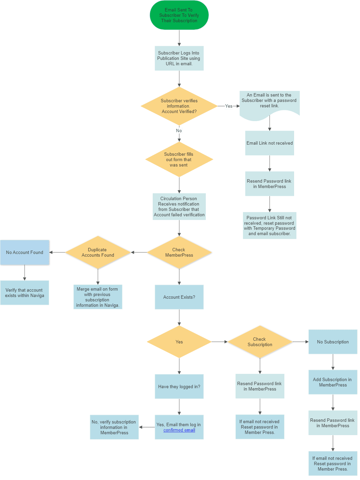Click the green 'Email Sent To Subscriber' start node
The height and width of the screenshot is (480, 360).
[x=179, y=15]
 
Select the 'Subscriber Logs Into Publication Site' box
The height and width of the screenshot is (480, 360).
[x=179, y=58]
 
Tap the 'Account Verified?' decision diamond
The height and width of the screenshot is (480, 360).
[x=179, y=106]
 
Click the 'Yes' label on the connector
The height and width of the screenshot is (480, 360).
[x=229, y=106]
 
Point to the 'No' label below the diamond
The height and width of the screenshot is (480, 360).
[x=179, y=131]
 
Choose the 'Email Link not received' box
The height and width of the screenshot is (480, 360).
[x=269, y=143]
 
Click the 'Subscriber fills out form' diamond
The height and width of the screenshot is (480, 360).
[x=179, y=159]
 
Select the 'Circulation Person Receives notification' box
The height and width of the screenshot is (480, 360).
[x=179, y=207]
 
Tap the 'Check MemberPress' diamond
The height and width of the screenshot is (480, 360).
[x=179, y=253]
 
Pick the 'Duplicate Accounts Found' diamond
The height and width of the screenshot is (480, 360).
[x=98, y=253]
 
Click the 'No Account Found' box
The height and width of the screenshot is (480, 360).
[x=25, y=253]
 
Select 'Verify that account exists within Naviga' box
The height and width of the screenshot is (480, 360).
[x=25, y=293]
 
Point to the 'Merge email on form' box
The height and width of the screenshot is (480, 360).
[x=98, y=297]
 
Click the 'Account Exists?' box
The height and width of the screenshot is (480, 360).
[x=179, y=297]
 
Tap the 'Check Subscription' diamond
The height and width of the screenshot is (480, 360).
[x=260, y=342]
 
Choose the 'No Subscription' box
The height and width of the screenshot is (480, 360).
[x=333, y=342]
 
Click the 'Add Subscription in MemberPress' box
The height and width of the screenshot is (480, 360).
[x=333, y=382]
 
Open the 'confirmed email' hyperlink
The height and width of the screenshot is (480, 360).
[x=179, y=430]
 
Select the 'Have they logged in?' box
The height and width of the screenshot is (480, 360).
[x=179, y=386]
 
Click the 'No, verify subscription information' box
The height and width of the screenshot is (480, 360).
[x=114, y=427]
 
